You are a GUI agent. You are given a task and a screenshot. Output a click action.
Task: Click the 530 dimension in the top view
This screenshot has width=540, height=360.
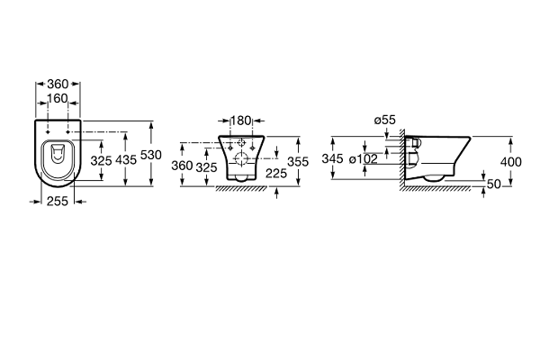pos(151,155)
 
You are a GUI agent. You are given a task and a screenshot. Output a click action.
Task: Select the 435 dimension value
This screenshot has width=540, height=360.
pos(126,160)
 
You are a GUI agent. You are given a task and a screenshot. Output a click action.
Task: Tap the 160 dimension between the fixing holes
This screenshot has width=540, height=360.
pos(58,98)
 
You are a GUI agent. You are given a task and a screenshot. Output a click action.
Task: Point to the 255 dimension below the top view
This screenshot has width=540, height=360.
pos(58,202)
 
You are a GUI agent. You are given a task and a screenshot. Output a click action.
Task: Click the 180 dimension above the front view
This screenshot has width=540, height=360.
pos(240,121)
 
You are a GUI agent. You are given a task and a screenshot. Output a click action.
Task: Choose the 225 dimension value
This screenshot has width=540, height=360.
pos(276,174)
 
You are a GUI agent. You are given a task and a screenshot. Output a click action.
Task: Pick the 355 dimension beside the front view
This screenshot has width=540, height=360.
pos(298,162)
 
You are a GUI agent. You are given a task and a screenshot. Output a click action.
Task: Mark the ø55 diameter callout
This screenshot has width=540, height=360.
pos(385,120)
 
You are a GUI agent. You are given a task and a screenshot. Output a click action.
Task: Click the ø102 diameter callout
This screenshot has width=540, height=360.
pos(364,158)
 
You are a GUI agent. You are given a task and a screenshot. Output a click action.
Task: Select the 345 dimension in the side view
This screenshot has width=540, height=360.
pos(332,158)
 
